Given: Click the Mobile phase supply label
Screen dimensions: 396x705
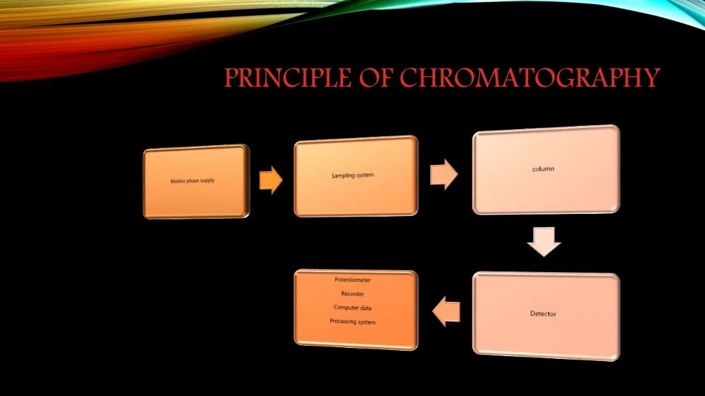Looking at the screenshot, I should (x=193, y=181).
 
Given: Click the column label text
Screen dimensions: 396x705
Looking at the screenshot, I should (x=543, y=169).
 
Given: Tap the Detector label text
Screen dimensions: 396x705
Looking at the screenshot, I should (x=543, y=314).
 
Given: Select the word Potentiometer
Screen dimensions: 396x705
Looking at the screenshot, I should (x=352, y=280).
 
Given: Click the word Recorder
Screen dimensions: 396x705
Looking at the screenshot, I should (x=352, y=294).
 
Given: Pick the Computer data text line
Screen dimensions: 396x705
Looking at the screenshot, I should (x=352, y=307).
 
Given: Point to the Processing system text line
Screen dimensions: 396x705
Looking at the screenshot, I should (x=352, y=321).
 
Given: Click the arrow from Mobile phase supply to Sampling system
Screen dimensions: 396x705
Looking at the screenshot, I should (x=271, y=181).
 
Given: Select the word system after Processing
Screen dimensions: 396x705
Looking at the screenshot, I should (x=366, y=321).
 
